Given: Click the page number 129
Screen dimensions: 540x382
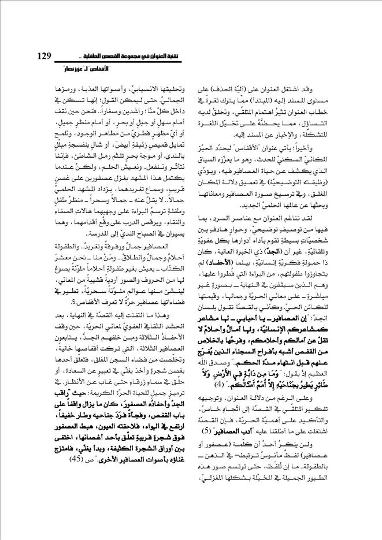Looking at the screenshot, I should tap(43, 55).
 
